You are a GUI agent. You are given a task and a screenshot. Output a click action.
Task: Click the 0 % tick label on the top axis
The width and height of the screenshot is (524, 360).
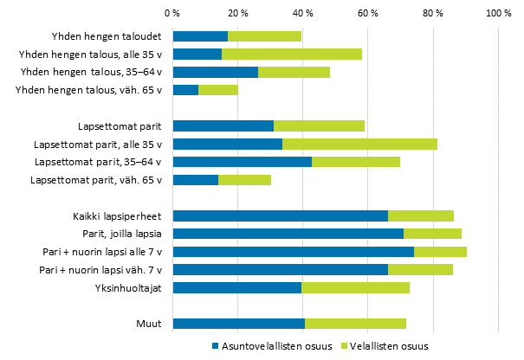click(172, 14)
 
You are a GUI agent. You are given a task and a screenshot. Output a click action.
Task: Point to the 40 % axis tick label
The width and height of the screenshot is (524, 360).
click(303, 14)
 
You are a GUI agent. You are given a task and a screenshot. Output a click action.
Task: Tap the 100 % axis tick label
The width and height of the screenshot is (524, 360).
click(498, 14)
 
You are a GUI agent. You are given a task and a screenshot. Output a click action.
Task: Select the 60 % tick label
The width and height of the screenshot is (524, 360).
click(368, 14)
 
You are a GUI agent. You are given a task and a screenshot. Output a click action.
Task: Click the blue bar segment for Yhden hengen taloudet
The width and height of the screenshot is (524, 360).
click(200, 36)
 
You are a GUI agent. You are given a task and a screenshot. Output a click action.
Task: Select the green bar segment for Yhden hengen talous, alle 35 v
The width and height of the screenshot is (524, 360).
click(292, 54)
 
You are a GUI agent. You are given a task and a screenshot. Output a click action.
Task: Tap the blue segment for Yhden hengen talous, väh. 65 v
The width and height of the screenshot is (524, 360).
click(185, 89)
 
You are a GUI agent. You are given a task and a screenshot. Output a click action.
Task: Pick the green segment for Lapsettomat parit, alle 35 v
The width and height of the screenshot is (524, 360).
click(359, 144)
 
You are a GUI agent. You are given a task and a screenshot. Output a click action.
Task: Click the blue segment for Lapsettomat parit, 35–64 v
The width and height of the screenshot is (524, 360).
click(243, 162)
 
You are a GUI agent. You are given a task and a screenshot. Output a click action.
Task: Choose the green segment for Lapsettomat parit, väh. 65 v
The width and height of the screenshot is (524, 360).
click(244, 180)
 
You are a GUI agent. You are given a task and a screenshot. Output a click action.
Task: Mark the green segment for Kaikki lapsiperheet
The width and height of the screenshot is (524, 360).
click(421, 215)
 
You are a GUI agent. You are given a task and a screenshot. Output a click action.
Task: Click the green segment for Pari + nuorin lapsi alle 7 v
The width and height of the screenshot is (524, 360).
click(440, 252)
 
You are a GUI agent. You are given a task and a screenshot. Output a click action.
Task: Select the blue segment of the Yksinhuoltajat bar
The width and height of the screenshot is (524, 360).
click(237, 287)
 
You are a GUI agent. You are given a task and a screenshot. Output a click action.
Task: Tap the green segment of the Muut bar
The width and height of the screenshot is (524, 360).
click(355, 324)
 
